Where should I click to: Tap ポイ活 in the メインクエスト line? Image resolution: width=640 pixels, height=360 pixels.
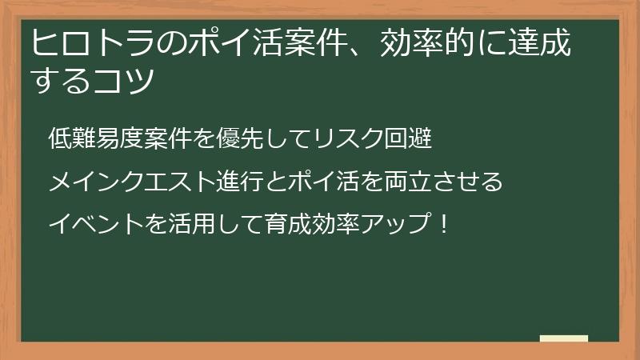tap(318, 182)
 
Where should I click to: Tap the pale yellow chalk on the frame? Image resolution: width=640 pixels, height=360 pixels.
tap(563, 338)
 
